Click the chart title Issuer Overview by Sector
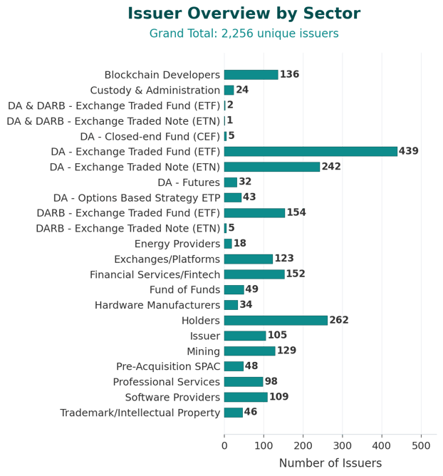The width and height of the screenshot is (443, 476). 244,14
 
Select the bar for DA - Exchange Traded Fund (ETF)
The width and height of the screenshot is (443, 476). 311,151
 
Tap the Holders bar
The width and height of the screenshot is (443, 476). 276,321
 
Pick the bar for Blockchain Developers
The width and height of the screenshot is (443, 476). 251,75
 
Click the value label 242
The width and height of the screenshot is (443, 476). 331,167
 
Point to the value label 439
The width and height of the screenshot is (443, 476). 409,151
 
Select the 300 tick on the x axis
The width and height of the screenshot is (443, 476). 343,447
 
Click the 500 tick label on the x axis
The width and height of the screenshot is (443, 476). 421,447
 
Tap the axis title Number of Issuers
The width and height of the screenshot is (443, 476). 330,464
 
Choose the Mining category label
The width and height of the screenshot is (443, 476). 204,351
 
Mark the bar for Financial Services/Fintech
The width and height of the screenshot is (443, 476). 254,274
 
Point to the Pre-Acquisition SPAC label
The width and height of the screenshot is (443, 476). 168,366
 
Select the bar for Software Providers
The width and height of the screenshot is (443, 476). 246,397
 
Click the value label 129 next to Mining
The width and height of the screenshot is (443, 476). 286,351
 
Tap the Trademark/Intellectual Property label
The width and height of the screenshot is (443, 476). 140,413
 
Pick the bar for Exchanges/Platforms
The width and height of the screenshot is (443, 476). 249,259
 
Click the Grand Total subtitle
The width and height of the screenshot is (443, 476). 244,33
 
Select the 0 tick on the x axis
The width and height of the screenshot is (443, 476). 224,447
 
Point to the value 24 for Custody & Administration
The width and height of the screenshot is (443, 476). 242,90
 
